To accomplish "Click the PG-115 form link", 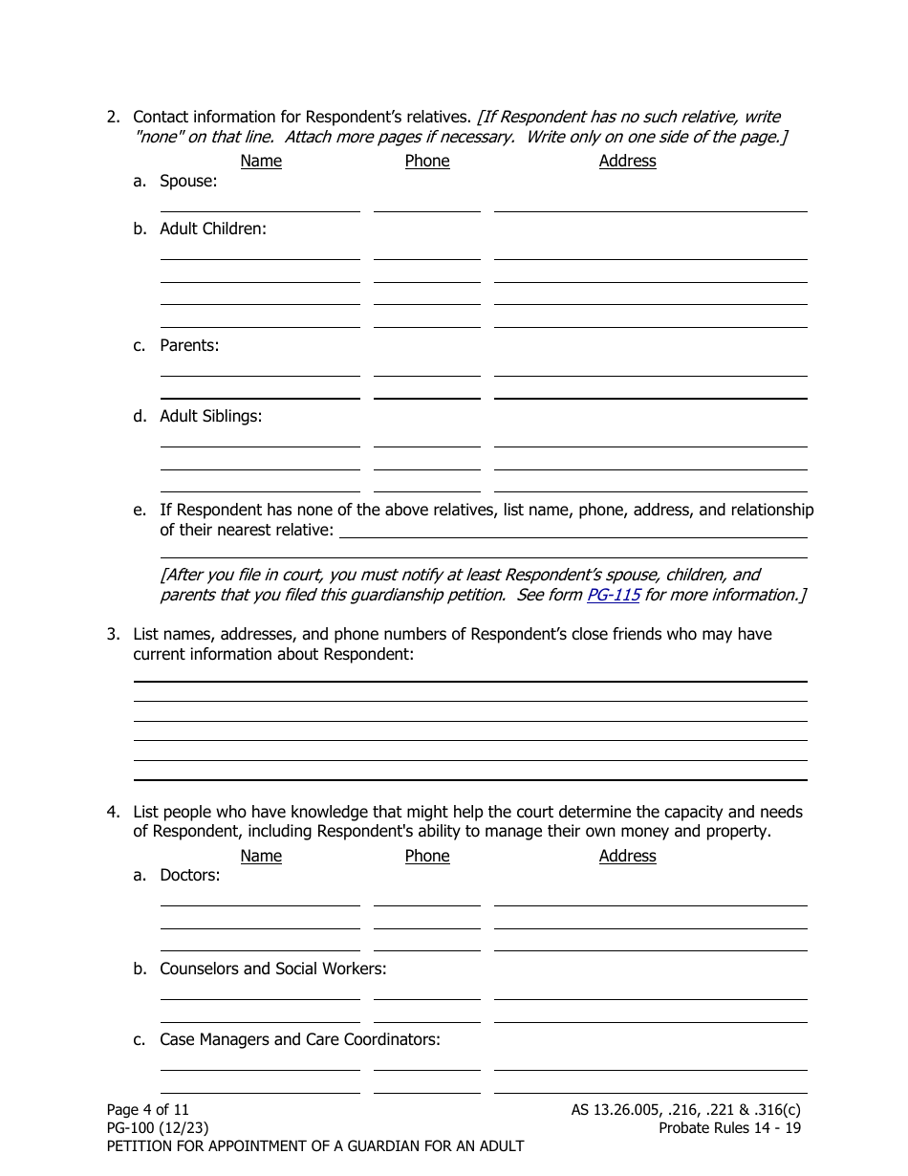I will pos(613,595).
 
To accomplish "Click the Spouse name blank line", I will pos(260,204).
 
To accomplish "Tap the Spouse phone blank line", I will pos(426,204).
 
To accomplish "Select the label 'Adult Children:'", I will pos(212,229).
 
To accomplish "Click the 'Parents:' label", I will pos(189,345).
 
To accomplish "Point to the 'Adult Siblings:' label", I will pos(210,416).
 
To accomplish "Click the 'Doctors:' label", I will pos(189,875).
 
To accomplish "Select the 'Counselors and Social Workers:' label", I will pos(272,969).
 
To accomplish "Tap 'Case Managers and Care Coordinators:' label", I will pos(300,1039).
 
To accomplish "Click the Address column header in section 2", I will pos(627,161).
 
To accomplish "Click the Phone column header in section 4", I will pos(426,856).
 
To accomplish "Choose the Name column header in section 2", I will pos(261,161).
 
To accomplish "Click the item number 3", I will pos(113,634).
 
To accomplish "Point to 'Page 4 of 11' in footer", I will pos(148,1109).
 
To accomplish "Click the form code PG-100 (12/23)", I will pos(158,1127).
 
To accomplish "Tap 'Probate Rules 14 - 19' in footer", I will pos(729,1127).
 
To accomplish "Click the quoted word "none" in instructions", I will pos(155,137).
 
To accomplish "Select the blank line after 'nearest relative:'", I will pos(573,531).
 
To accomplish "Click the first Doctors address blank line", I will pos(650,898).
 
